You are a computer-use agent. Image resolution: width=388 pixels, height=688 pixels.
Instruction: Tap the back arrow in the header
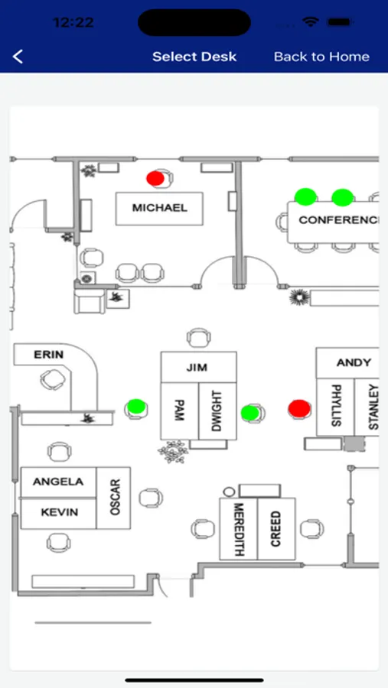(x=18, y=57)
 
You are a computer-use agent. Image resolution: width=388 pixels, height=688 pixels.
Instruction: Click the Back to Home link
(x=321, y=57)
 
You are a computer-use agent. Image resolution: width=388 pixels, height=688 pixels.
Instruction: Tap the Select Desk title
(x=194, y=57)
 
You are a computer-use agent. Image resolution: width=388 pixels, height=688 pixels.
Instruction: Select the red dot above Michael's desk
(x=155, y=178)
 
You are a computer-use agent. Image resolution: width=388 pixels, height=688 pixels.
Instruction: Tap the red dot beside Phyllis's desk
(x=299, y=408)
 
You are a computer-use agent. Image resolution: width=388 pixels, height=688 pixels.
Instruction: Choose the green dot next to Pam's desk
(x=136, y=407)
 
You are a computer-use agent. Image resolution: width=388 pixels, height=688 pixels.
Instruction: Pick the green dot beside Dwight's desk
(x=249, y=413)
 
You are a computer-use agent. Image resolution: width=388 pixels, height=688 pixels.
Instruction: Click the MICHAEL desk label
(x=159, y=207)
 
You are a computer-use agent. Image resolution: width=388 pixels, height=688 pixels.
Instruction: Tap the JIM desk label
(x=197, y=367)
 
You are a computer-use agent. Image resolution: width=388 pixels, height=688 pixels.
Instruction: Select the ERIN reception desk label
(x=48, y=354)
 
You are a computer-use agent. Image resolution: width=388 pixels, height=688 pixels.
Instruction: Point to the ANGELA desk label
(x=58, y=482)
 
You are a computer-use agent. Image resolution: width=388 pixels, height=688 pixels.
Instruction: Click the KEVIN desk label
(x=60, y=512)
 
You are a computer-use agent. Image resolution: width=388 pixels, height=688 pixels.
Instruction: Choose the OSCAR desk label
(x=115, y=497)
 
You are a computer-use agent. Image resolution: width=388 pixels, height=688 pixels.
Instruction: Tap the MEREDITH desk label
(x=239, y=529)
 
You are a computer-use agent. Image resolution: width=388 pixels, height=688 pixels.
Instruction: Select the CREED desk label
(x=276, y=529)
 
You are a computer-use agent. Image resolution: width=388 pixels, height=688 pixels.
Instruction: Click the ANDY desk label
(x=354, y=363)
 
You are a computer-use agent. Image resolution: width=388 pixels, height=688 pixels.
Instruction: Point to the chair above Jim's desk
(x=199, y=338)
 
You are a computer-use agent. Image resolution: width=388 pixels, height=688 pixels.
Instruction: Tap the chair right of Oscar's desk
(x=152, y=498)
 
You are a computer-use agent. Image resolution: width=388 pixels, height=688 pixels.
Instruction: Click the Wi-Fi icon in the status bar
(x=311, y=22)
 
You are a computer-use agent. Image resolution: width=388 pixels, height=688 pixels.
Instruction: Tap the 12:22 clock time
(x=73, y=22)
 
